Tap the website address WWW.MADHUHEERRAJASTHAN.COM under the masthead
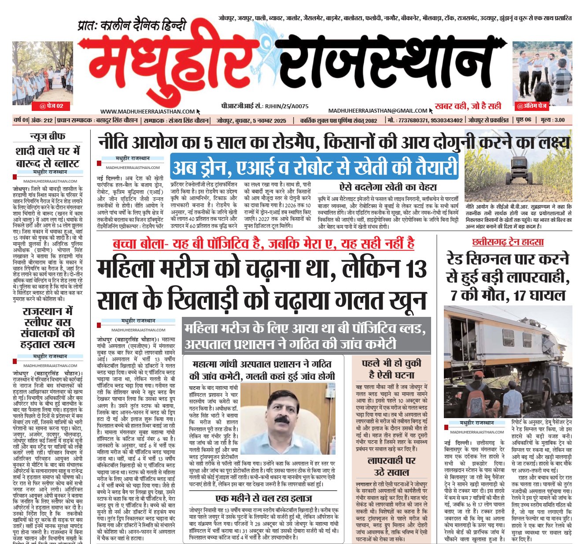[x=147, y=112]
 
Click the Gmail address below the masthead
[x=378, y=111]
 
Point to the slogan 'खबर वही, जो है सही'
[x=468, y=106]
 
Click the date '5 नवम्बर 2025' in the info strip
[x=267, y=120]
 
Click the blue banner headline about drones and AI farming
[x=314, y=167]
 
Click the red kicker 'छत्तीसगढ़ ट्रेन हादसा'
[x=508, y=242]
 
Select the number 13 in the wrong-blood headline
[x=414, y=269]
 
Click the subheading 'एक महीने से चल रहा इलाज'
[x=264, y=498]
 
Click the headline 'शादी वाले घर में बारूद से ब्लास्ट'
[x=48, y=157]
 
